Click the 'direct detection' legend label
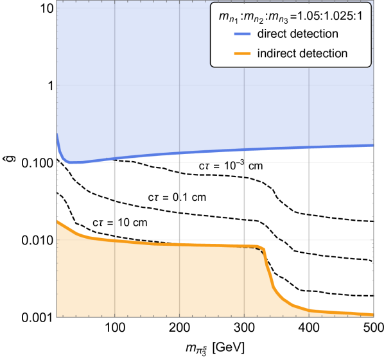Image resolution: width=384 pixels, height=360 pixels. click(x=297, y=33)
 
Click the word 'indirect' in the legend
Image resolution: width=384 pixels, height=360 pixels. click(x=275, y=53)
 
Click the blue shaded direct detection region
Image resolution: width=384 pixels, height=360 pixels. click(x=161, y=83)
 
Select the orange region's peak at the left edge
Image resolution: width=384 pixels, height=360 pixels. click(x=58, y=221)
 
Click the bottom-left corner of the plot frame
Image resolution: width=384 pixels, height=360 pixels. click(x=57, y=316)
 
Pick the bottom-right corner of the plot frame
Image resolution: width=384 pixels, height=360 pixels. click(x=374, y=316)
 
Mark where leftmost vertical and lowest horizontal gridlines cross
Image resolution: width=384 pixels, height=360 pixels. click(x=114, y=239)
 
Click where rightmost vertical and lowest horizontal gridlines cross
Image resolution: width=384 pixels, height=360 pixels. click(x=309, y=239)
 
